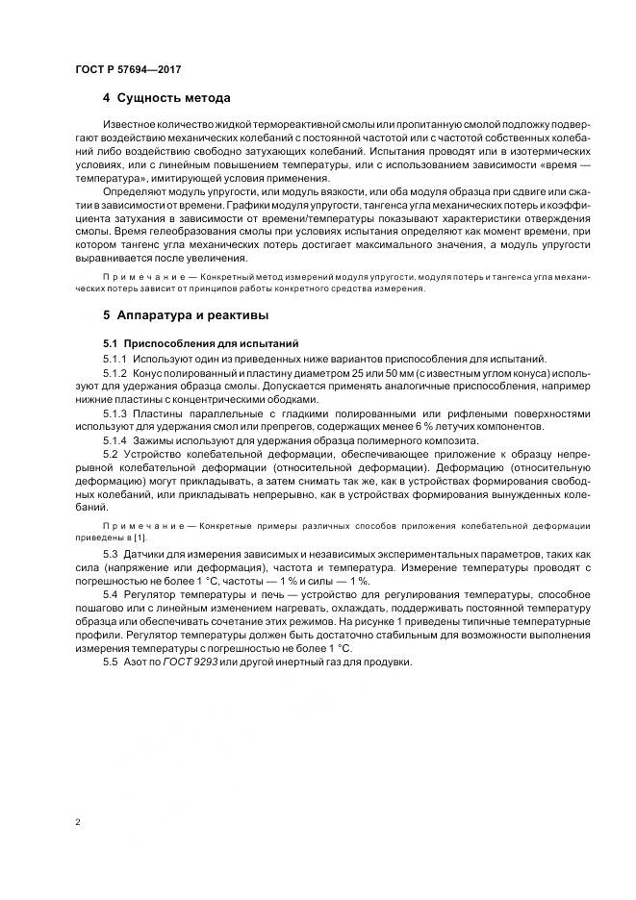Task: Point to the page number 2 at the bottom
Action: pyautogui.click(x=77, y=823)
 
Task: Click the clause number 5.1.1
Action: pyautogui.click(x=115, y=359)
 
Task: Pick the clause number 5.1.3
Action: pyautogui.click(x=115, y=413)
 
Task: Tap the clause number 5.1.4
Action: pyautogui.click(x=115, y=440)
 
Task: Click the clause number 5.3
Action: pyautogui.click(x=111, y=556)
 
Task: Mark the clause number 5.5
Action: pyautogui.click(x=111, y=663)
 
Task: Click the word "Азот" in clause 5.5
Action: pyautogui.click(x=138, y=663)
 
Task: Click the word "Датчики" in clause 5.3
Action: pyautogui.click(x=148, y=556)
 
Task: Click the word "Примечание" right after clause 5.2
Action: pyautogui.click(x=137, y=524)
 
